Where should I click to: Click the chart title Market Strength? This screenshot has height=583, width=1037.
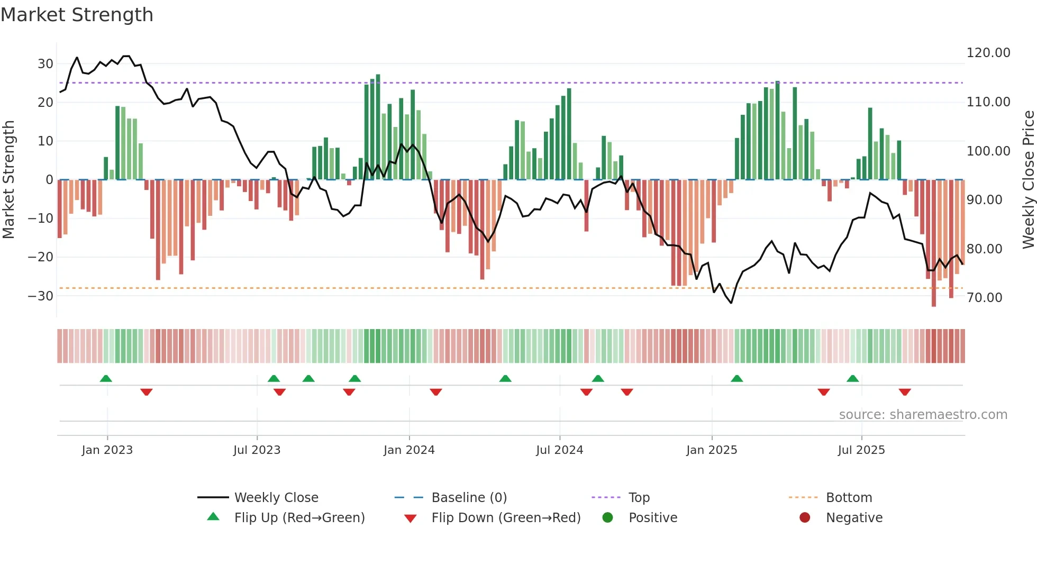coord(77,15)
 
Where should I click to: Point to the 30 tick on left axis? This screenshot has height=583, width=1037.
coord(45,64)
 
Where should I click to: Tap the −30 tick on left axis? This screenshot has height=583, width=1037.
coord(41,296)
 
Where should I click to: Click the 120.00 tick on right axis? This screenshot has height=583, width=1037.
coord(988,53)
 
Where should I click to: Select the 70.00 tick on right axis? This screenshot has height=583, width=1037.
coord(984,298)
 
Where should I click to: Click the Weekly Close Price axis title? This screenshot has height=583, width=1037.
coord(1028,180)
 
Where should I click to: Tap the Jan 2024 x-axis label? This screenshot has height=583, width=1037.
coord(408,450)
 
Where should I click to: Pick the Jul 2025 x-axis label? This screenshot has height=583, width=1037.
coord(861,450)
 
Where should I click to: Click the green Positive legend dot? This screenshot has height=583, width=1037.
coord(607,518)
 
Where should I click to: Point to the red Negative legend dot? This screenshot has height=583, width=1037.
coord(805,518)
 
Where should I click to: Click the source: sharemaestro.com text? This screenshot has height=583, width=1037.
coord(923,415)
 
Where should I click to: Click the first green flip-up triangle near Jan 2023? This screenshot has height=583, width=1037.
coord(106,378)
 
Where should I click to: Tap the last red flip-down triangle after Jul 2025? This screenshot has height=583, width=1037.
coord(905,392)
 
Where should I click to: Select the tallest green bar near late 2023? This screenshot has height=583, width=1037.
coord(378,127)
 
